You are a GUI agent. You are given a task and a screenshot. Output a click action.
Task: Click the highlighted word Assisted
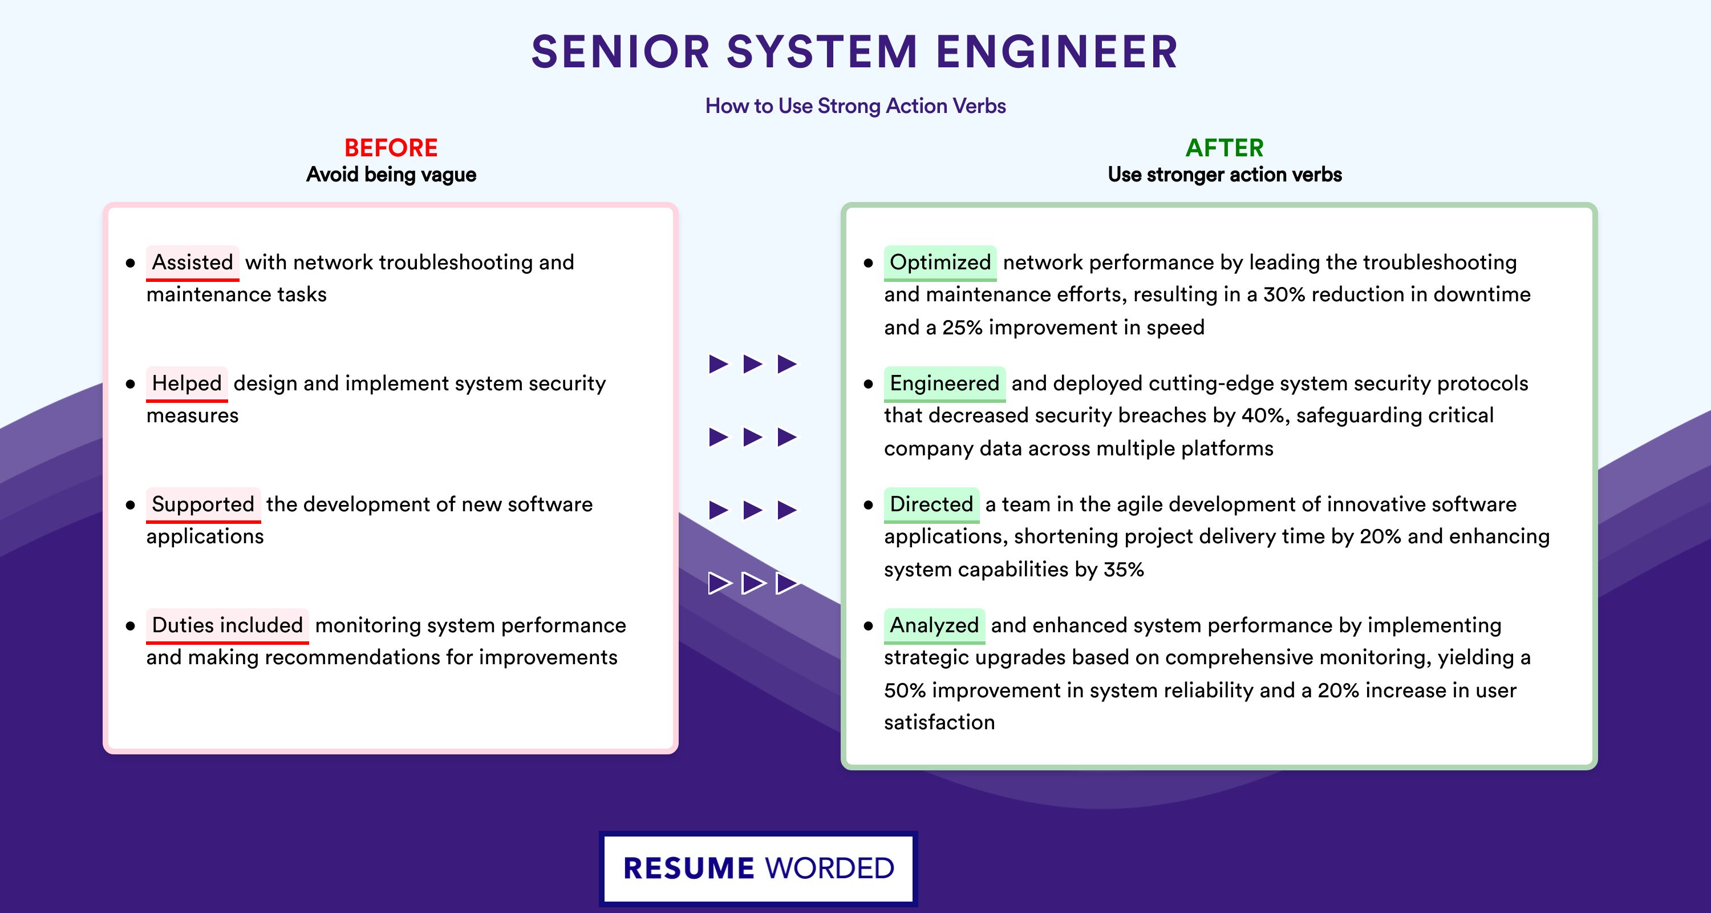(193, 262)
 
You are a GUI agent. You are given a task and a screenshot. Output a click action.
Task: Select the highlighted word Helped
(186, 383)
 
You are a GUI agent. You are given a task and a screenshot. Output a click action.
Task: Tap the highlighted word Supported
(203, 504)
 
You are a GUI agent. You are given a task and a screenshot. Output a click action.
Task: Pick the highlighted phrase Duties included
(227, 625)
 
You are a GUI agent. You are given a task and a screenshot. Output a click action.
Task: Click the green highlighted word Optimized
(940, 262)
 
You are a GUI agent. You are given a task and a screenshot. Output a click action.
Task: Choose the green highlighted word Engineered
(944, 383)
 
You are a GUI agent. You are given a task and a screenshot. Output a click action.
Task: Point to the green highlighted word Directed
(931, 504)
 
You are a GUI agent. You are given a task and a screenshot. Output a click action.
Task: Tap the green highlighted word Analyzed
(934, 625)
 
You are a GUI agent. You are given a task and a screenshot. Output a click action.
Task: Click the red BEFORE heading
(391, 148)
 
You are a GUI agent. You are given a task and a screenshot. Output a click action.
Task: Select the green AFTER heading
(1225, 148)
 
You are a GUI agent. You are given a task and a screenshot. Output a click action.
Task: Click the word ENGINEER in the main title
(1057, 52)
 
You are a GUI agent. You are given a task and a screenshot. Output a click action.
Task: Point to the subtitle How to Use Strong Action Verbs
(855, 106)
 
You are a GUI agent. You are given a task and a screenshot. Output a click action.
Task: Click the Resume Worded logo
(759, 868)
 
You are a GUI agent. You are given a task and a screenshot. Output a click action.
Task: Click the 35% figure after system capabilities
(1123, 569)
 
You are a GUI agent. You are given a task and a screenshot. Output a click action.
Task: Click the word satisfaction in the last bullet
(939, 722)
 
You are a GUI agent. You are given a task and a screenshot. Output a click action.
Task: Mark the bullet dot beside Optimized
(868, 263)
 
